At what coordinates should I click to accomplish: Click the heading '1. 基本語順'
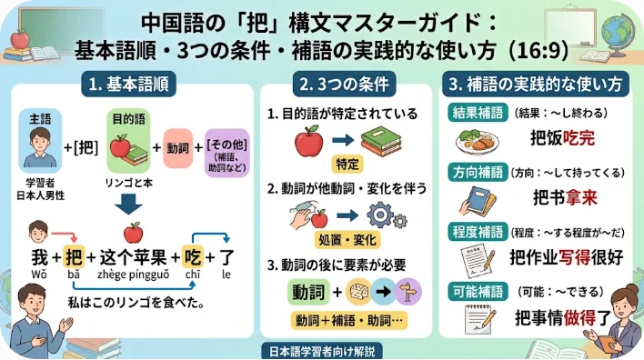pos(128,85)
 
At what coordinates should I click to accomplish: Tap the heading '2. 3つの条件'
pos(344,85)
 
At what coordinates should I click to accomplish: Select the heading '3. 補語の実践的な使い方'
pos(536,85)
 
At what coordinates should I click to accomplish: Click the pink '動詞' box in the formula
pos(178,148)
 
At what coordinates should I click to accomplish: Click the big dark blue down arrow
pos(128,204)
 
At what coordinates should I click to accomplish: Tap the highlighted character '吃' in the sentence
pos(192,257)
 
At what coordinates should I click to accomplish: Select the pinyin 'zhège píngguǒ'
pos(133,275)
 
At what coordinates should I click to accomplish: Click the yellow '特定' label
pos(347,165)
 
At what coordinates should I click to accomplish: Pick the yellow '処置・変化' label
pos(347,240)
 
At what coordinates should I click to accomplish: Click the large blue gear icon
pos(380,215)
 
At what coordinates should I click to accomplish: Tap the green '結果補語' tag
pos(478,113)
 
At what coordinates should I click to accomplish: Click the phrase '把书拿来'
pos(565,198)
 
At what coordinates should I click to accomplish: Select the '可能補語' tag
pos(478,292)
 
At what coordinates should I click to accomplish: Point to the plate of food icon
pos(478,142)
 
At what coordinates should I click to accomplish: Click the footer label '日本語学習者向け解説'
pos(322,352)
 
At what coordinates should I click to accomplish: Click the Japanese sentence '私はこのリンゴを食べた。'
pos(136,303)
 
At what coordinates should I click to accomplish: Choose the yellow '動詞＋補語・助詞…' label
pos(349,320)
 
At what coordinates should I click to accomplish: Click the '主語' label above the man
pos(40,119)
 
